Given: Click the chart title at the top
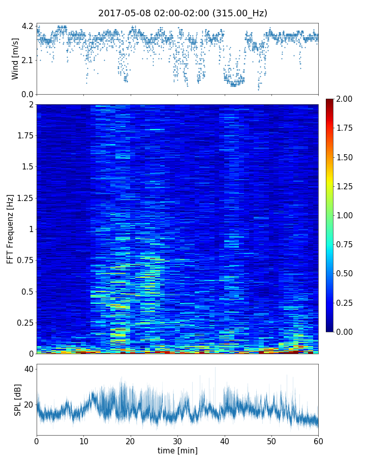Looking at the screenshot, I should [x=182, y=13].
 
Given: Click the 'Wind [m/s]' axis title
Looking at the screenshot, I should [x=15, y=59].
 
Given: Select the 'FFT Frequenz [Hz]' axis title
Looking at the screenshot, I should [x=10, y=228].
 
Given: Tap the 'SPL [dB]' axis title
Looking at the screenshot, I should [x=18, y=399].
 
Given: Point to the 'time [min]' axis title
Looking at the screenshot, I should [x=177, y=450].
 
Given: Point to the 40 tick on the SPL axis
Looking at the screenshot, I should [x=28, y=369].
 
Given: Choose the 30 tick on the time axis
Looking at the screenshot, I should [x=177, y=440].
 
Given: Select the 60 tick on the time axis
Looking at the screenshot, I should [x=318, y=440].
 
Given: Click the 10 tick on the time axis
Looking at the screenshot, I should [x=83, y=440].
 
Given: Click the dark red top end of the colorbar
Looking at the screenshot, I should [x=329, y=101].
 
